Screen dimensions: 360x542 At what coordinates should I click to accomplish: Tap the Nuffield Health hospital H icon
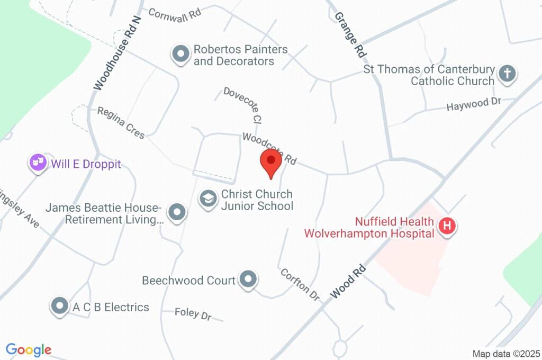point(447,227)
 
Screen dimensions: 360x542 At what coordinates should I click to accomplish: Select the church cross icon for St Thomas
point(507,74)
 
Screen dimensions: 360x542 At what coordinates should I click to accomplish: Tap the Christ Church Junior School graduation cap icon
point(208,200)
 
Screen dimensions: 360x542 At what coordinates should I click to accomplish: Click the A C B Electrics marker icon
point(60,305)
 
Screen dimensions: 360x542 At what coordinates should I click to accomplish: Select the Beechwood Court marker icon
point(248,279)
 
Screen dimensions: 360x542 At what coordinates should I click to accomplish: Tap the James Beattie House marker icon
point(177,213)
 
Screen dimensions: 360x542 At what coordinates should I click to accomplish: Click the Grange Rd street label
point(350,35)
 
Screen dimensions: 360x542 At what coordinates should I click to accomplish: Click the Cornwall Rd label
point(175,14)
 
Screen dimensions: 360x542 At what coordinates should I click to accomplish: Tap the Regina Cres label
point(121,122)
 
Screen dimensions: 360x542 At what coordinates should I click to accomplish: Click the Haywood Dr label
point(473,104)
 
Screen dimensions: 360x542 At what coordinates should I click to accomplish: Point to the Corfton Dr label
point(300,285)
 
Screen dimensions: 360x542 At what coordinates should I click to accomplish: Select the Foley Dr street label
point(193,314)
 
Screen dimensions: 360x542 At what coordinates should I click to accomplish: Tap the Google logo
point(28,349)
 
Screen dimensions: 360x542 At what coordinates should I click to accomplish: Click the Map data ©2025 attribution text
point(506,354)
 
